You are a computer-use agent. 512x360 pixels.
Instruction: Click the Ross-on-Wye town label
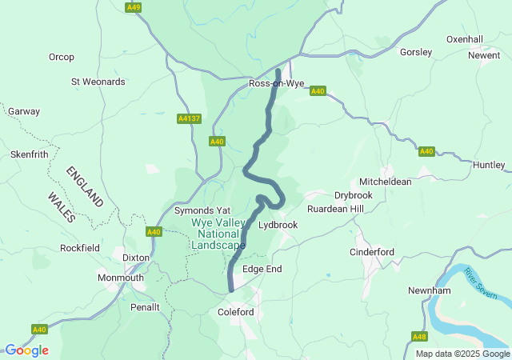click(x=277, y=83)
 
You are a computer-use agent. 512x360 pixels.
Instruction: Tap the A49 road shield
click(x=134, y=7)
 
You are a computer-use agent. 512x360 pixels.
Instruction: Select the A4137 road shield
click(x=189, y=118)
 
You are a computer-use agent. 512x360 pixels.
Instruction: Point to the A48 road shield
click(x=420, y=337)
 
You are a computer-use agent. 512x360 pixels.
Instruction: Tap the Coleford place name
click(x=236, y=312)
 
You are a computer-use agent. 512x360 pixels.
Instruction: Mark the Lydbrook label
click(x=278, y=225)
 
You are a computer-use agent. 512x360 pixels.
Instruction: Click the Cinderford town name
click(x=372, y=252)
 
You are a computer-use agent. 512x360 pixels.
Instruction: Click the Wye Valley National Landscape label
click(x=218, y=234)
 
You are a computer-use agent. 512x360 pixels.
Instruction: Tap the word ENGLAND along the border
click(x=85, y=186)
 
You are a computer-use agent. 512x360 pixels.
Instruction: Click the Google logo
click(x=26, y=350)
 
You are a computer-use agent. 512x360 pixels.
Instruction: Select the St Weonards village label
click(x=98, y=82)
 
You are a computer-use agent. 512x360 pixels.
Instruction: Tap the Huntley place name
click(x=489, y=165)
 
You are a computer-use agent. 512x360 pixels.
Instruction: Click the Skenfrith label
click(x=29, y=154)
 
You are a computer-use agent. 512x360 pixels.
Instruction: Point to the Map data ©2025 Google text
click(x=462, y=354)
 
